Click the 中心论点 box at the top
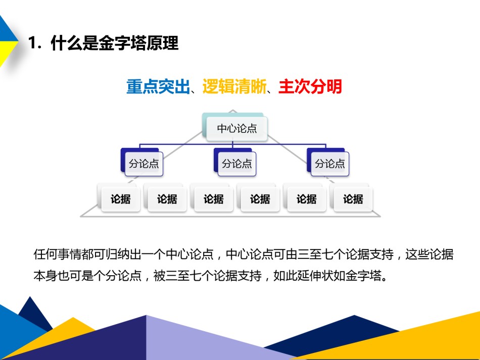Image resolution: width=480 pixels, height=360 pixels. coord(237,129)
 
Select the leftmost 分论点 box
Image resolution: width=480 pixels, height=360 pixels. coord(144,164)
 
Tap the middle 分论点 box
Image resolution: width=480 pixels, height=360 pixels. coord(237,164)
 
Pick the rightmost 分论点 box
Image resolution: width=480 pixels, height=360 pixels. coord(330,164)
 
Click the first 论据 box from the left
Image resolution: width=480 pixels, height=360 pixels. coord(121,199)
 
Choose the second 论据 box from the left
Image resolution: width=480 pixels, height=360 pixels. coord(167,199)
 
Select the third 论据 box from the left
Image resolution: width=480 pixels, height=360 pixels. coord(214,199)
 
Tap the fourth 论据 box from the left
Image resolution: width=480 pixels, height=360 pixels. coord(260,199)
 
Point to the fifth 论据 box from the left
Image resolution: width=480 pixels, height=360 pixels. coord(307,199)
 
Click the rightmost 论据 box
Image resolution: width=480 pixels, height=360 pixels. coord(353,199)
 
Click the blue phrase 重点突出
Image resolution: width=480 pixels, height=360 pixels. coord(158,86)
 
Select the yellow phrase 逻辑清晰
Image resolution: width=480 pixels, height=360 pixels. coord(234,86)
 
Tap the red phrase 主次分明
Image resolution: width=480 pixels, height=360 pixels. coord(310,86)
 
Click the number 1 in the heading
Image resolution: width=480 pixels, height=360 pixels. coord(32,42)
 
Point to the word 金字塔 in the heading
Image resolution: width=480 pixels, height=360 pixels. coord(122,42)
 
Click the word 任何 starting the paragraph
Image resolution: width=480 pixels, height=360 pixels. coord(45,254)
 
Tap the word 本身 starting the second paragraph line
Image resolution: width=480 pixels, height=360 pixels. coord(45,276)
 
